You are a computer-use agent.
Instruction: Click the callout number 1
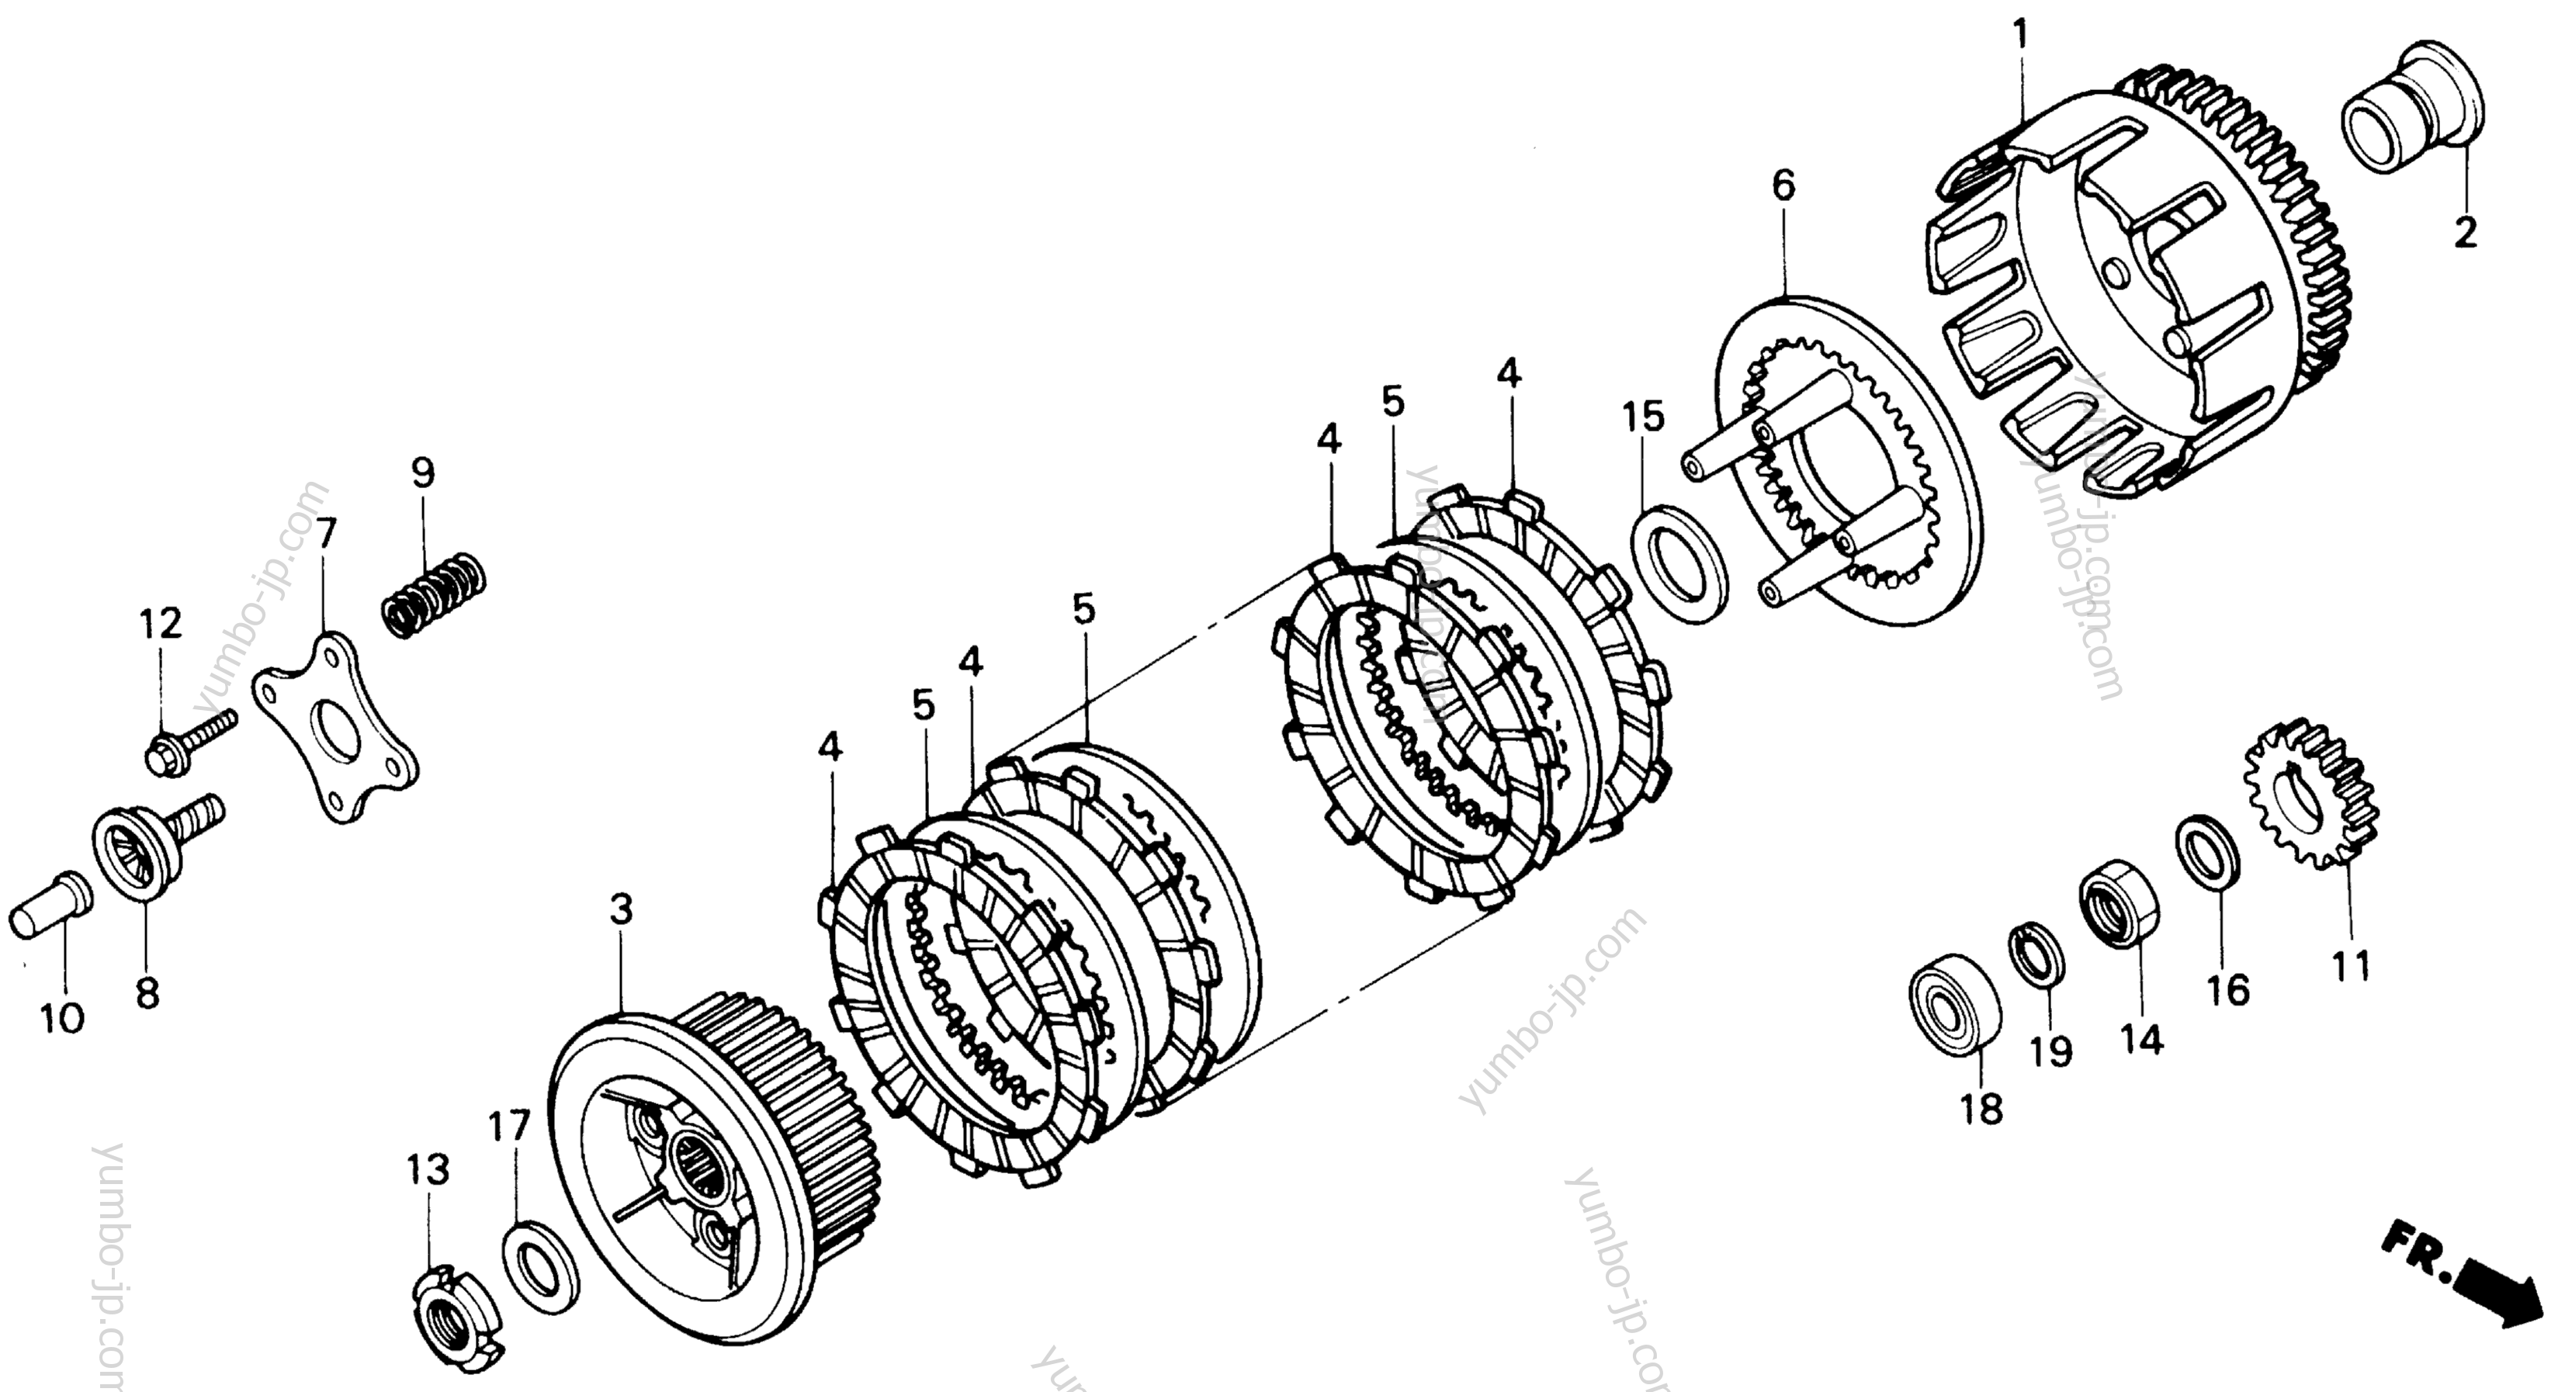2020,36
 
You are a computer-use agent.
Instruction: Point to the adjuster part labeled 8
157,840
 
